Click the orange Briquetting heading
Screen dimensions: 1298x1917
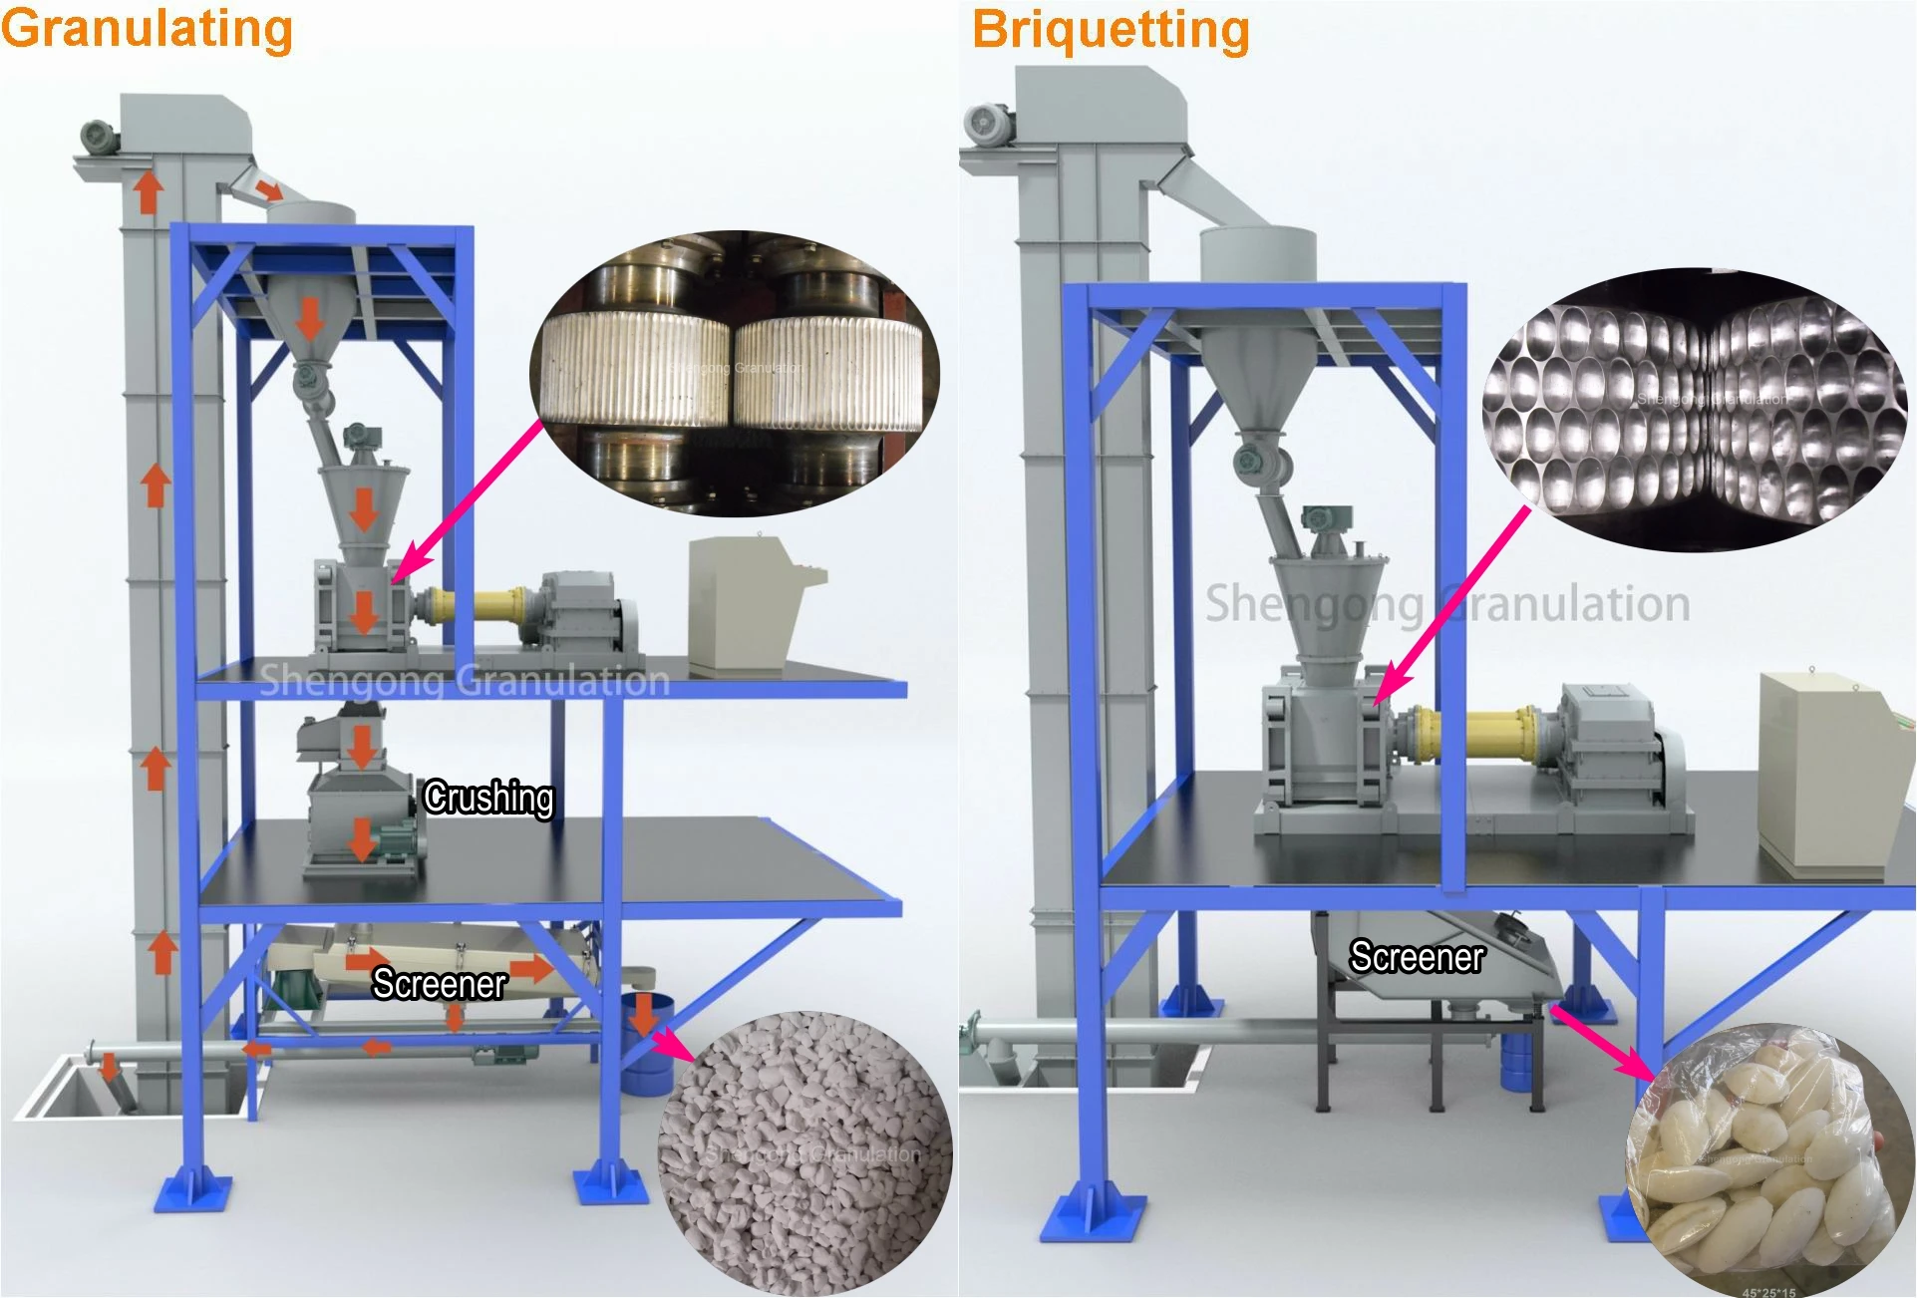(1111, 29)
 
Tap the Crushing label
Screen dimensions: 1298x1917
(488, 798)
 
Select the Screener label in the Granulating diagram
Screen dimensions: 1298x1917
(440, 984)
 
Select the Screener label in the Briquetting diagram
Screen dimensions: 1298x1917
(1417, 957)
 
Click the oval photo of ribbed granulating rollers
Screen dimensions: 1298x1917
(736, 374)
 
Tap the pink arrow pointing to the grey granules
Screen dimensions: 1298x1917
(675, 1044)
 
